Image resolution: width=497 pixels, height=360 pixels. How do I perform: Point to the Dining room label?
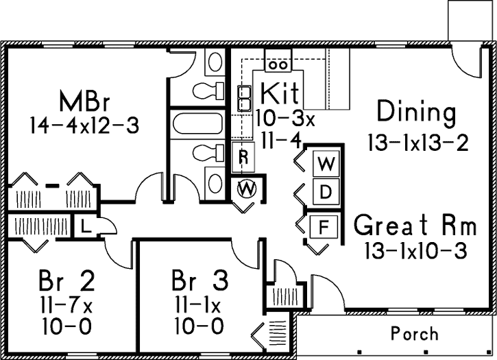click(416, 112)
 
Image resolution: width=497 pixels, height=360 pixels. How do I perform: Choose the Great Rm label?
click(424, 225)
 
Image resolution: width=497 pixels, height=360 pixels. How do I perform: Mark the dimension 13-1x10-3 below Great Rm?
click(417, 251)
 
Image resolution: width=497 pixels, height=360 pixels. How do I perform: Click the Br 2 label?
click(66, 280)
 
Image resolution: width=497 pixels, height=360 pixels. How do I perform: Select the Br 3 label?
click(200, 280)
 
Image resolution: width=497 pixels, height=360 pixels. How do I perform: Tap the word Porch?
click(415, 334)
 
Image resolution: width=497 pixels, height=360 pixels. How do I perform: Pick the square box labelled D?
click(326, 191)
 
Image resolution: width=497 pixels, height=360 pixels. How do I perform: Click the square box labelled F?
click(326, 225)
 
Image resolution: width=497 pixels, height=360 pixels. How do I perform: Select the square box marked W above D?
click(326, 165)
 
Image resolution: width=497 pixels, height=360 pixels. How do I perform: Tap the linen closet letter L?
click(84, 227)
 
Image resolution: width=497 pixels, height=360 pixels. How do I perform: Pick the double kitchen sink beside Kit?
click(243, 97)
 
